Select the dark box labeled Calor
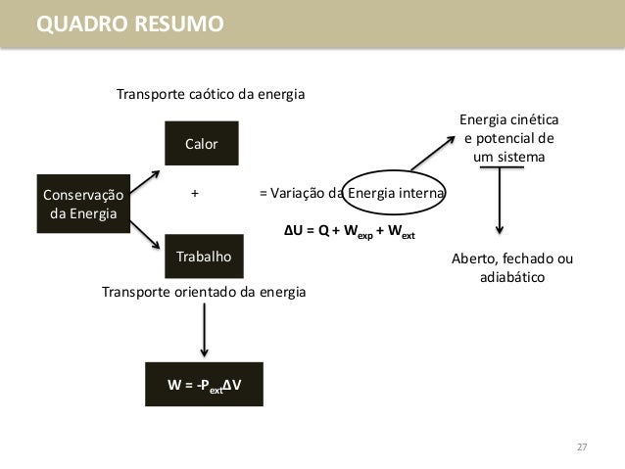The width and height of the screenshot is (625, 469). pyautogui.click(x=202, y=145)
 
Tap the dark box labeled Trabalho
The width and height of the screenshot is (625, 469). pyautogui.click(x=203, y=257)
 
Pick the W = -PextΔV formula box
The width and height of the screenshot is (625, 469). pyautogui.click(x=204, y=385)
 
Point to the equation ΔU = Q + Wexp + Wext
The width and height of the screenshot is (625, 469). pyautogui.click(x=349, y=232)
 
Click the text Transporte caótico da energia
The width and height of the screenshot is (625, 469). pyautogui.click(x=211, y=95)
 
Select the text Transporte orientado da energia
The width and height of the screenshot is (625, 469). pyautogui.click(x=204, y=292)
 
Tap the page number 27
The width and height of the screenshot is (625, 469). pyautogui.click(x=581, y=447)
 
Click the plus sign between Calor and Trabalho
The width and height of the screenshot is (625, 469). pyautogui.click(x=195, y=193)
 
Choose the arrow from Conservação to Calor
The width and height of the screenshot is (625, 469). pyautogui.click(x=146, y=180)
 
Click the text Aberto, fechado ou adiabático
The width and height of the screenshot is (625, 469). pyautogui.click(x=511, y=268)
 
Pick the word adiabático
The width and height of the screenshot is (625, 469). pyautogui.click(x=511, y=278)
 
